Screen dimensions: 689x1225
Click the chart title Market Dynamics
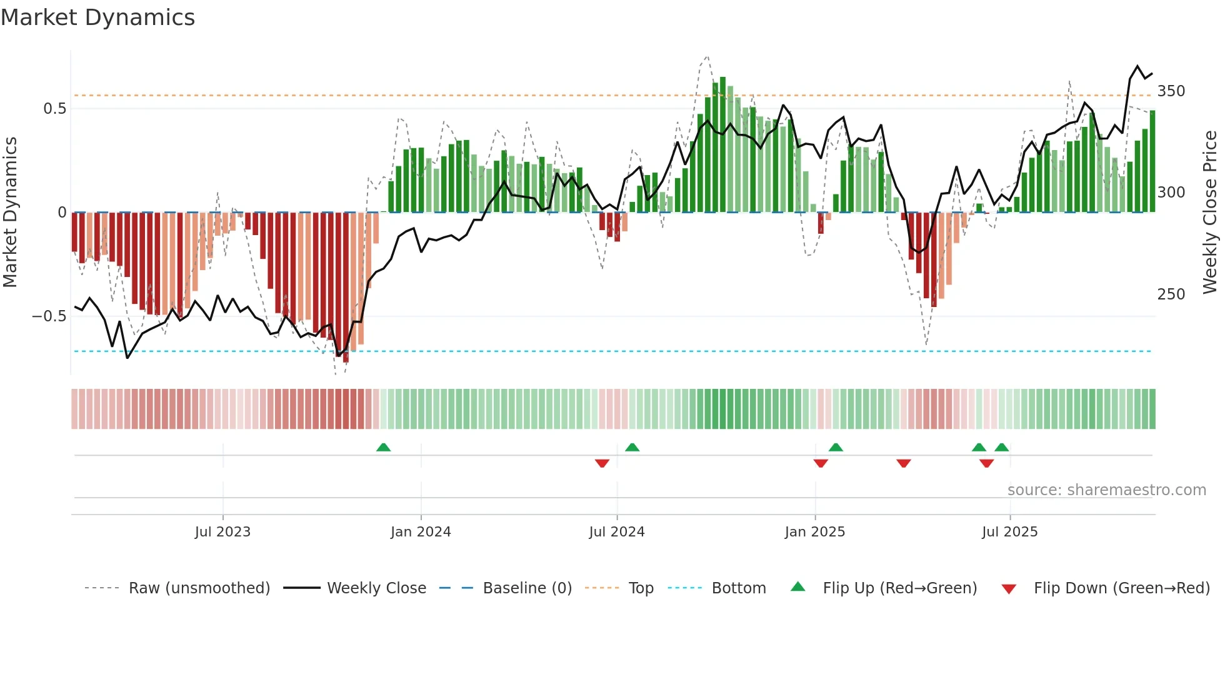pyautogui.click(x=97, y=18)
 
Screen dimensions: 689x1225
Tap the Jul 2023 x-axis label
pyautogui.click(x=222, y=532)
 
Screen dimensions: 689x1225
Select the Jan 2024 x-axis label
pyautogui.click(x=421, y=532)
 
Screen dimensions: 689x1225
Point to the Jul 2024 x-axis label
pyautogui.click(x=616, y=532)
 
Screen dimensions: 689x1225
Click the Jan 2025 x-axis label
pyautogui.click(x=814, y=532)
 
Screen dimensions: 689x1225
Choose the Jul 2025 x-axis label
pyautogui.click(x=1009, y=532)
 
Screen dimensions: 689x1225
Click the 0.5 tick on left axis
pyautogui.click(x=54, y=109)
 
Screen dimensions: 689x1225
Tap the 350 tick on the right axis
pyautogui.click(x=1171, y=91)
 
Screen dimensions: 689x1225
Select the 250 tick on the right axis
pyautogui.click(x=1171, y=294)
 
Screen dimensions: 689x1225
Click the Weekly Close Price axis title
pyautogui.click(x=1210, y=213)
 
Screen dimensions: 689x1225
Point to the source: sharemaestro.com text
pyautogui.click(x=1106, y=490)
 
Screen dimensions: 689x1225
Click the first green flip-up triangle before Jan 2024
pyautogui.click(x=383, y=448)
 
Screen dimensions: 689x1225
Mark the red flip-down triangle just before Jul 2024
pyautogui.click(x=602, y=463)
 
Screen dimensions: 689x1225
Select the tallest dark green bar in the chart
pyautogui.click(x=722, y=145)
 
